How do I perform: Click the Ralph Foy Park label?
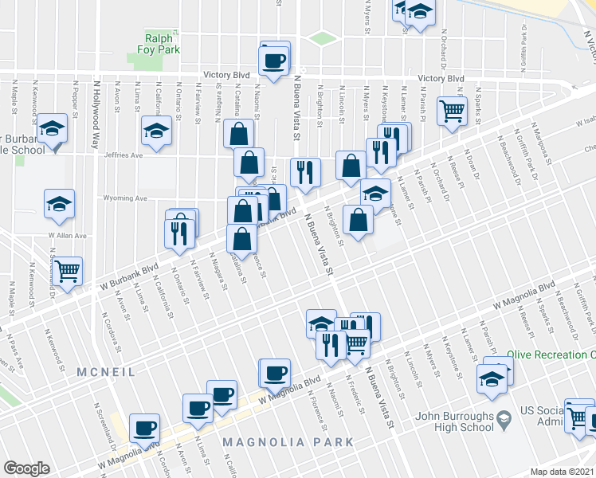click(163, 43)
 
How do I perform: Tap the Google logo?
click(26, 468)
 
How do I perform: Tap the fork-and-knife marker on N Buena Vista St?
click(305, 172)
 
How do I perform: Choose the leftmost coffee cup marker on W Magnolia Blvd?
click(144, 427)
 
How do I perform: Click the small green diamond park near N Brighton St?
click(323, 37)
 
